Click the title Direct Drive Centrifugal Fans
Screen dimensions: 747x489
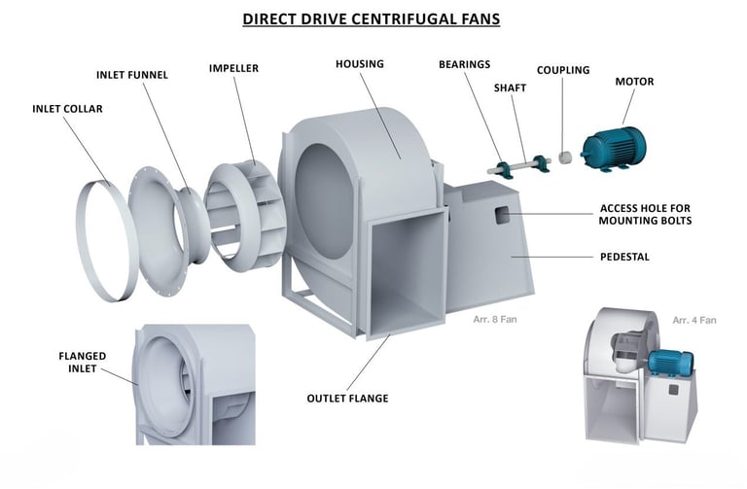click(372, 18)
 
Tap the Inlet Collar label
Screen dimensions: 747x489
click(68, 109)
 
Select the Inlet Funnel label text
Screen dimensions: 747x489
click(132, 75)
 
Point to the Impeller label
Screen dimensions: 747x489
click(233, 68)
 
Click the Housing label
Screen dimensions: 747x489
click(360, 64)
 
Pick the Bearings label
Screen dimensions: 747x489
click(465, 64)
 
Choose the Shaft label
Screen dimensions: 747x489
click(510, 88)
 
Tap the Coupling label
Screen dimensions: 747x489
click(563, 70)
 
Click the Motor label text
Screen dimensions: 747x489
click(634, 82)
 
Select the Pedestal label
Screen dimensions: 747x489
click(624, 257)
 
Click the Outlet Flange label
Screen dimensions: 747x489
click(348, 398)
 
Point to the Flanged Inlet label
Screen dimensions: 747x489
click(83, 362)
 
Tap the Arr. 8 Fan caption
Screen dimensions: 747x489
click(494, 319)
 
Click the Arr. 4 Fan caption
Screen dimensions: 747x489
click(694, 320)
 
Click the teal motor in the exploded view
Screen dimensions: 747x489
click(614, 150)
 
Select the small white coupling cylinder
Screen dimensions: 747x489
click(565, 157)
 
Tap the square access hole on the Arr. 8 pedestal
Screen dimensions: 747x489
click(502, 215)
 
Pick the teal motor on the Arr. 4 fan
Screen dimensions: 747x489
click(669, 365)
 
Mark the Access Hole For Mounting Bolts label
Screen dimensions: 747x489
click(645, 214)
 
